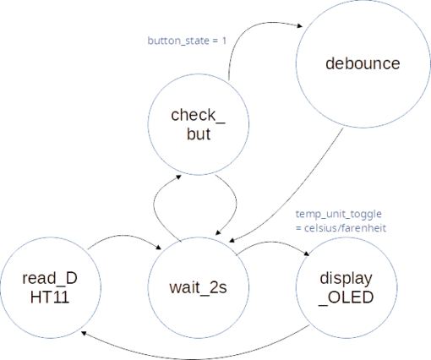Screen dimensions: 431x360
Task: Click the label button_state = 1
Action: [187, 41]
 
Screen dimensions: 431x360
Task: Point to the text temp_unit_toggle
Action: [339, 215]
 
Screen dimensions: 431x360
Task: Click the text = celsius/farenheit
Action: [341, 228]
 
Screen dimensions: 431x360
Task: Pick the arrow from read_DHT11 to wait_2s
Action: [124, 236]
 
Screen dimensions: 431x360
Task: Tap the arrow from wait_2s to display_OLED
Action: [272, 242]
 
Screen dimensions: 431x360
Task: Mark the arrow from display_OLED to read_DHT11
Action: [194, 359]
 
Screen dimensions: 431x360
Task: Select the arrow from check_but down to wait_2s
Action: [236, 204]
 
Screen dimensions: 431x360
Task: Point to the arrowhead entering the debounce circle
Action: [299, 26]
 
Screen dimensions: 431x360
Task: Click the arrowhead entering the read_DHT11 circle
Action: [84, 333]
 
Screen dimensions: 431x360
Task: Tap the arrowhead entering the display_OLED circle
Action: [307, 254]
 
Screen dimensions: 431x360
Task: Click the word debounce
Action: [363, 63]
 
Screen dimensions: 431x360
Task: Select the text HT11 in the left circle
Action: [50, 297]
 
